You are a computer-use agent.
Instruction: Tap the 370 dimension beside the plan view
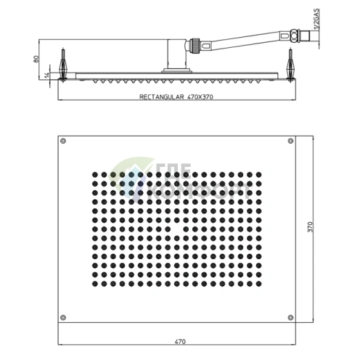coord(310,226)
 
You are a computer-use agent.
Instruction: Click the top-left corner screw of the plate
coord(65,141)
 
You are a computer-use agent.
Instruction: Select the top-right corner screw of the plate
coord(291,140)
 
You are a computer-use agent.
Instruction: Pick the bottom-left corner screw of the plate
coord(65,316)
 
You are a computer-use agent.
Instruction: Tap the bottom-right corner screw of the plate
coord(291,316)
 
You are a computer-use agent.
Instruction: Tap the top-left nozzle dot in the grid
coord(94,175)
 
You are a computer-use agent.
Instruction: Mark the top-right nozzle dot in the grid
coord(258,175)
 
